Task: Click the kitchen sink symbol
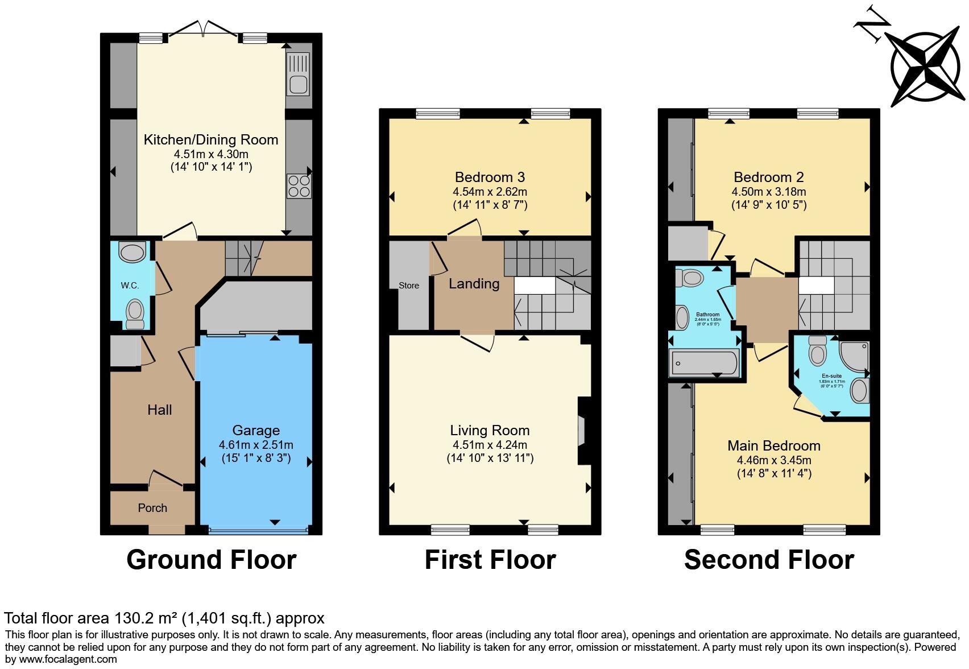click(299, 74)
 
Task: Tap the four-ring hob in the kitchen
click(299, 186)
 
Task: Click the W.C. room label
click(130, 285)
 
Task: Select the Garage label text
click(256, 431)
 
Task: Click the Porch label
click(152, 508)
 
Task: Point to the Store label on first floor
click(408, 286)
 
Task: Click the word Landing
click(474, 283)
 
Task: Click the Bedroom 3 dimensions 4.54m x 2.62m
click(490, 192)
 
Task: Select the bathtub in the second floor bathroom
click(705, 362)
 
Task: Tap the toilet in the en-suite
click(818, 351)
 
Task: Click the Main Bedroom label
click(774, 445)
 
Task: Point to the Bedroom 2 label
click(768, 177)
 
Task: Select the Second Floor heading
click(769, 560)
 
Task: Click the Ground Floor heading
click(211, 560)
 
